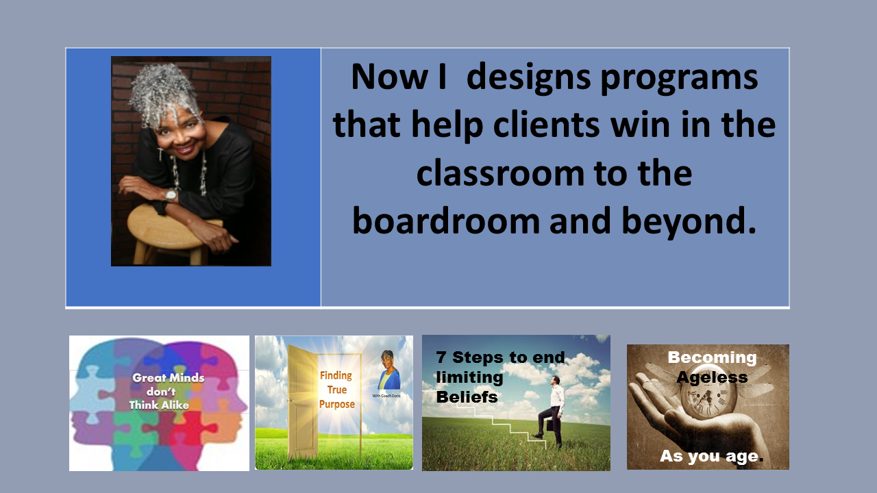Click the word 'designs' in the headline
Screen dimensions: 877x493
[528, 77]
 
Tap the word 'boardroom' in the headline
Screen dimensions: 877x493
[446, 220]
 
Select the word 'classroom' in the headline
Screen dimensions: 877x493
[501, 173]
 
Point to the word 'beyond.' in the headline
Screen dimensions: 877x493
[689, 222]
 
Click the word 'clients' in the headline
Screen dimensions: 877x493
[546, 125]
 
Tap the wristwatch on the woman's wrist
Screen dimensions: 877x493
[171, 195]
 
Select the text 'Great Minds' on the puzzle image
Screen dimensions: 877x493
[169, 377]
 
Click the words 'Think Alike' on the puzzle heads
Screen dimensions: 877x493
[159, 405]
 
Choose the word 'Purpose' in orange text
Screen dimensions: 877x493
[336, 404]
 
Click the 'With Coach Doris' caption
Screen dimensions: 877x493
[386, 396]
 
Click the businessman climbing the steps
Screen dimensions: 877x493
[552, 410]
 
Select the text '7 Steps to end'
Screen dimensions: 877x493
[500, 357]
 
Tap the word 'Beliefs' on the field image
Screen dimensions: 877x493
[467, 397]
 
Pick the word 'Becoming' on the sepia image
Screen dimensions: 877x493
[712, 358]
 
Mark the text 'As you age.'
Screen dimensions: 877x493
[712, 456]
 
